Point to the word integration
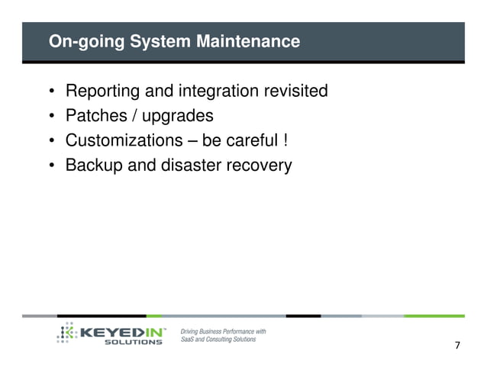tap(218, 92)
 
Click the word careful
tap(252, 140)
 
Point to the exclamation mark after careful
tap(285, 140)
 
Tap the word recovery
tap(260, 166)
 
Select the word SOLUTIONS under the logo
tap(133, 342)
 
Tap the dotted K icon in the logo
tap(67, 333)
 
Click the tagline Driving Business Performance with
tap(223, 331)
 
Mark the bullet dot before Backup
tap(52, 166)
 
